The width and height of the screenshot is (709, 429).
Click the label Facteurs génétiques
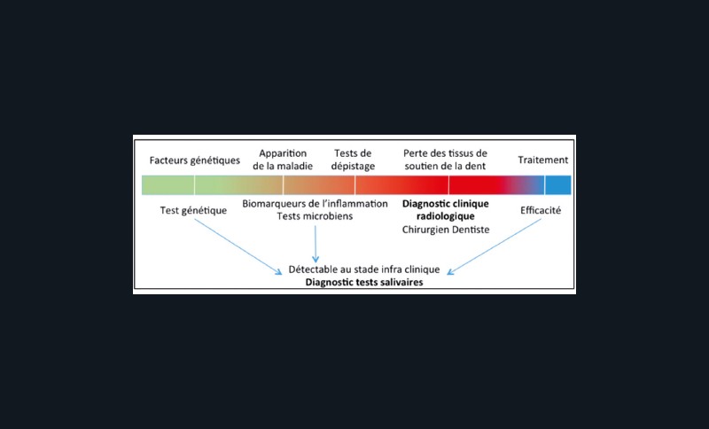point(194,160)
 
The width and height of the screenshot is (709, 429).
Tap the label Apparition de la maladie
point(283,160)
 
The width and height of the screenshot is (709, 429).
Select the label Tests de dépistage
point(353,160)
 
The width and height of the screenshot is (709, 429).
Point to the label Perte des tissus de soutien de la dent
point(446,160)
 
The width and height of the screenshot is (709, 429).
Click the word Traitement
point(543,160)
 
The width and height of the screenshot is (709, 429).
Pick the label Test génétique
point(193,211)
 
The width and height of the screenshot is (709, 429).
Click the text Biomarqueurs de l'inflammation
point(315,204)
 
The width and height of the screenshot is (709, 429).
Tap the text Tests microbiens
point(315,216)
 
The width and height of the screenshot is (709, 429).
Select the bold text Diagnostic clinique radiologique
point(446,210)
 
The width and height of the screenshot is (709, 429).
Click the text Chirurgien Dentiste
point(446,230)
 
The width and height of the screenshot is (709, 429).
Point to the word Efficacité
point(541,210)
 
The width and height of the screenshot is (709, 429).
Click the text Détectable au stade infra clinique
point(364,269)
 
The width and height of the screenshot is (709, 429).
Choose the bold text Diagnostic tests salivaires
point(364,283)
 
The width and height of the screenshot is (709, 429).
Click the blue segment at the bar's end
point(558,185)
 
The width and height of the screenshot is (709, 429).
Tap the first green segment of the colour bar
point(168,185)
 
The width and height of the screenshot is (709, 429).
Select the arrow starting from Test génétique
point(238,246)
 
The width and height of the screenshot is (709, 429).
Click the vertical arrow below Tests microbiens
point(316,244)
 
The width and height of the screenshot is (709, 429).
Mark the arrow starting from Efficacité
point(494,246)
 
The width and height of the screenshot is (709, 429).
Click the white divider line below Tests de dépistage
point(355,185)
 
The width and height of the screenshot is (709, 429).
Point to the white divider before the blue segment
point(545,185)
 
